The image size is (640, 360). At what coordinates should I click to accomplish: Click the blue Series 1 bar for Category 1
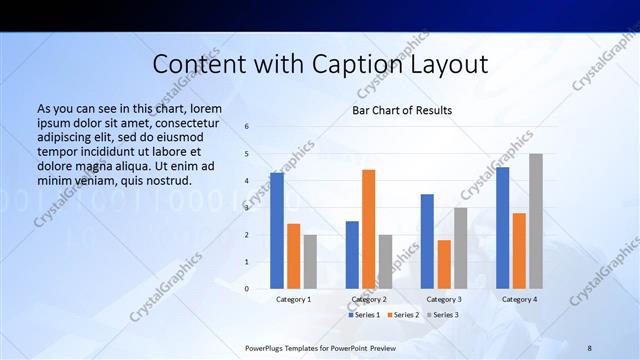(277, 231)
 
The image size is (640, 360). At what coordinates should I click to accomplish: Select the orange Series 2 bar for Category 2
(369, 229)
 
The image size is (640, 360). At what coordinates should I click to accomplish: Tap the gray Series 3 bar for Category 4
(536, 221)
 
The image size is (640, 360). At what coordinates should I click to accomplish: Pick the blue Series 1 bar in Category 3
(427, 241)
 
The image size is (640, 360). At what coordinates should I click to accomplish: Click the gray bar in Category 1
(310, 262)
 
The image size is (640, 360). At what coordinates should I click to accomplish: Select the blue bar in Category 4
(502, 228)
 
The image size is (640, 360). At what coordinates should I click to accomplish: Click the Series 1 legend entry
(364, 315)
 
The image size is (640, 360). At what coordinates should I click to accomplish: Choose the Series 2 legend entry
(402, 315)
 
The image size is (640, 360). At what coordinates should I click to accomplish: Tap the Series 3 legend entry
(441, 315)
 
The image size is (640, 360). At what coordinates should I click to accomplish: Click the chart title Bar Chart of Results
(401, 110)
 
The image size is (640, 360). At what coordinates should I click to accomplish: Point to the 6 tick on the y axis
(247, 127)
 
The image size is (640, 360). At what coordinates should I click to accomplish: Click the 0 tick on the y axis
(247, 289)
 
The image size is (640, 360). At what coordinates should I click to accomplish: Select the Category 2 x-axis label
(369, 299)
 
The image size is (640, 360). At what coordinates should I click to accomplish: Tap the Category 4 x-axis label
(519, 299)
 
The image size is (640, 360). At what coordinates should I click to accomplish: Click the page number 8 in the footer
(589, 347)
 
